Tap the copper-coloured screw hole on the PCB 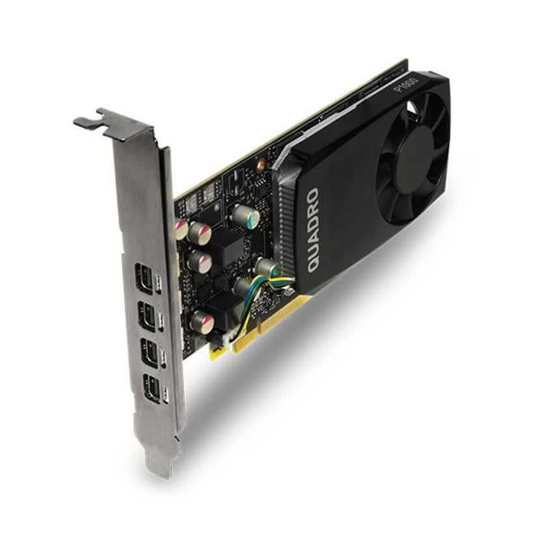(x=260, y=158)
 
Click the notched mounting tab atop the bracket (x=104, y=120)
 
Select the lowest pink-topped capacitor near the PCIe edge (x=200, y=320)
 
